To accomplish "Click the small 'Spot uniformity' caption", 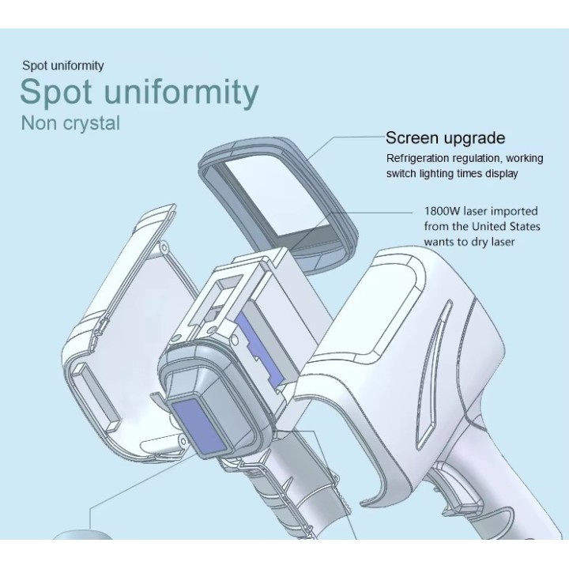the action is pos(63,66).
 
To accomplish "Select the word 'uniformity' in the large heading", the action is pos(182,92).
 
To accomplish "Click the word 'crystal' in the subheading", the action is pos(92,123).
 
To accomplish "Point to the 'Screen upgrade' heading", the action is pos(445,138).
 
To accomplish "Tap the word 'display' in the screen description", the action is pos(502,174).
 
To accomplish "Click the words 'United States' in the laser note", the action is pos(506,227).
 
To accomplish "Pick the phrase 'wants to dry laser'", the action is pos(469,242).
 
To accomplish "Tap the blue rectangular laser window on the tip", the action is pos(201,428).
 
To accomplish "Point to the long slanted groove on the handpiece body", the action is pos(433,374).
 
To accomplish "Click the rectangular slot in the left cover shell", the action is pos(96,396).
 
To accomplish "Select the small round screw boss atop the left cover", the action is pos(164,247).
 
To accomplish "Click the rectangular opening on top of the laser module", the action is pos(230,284).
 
